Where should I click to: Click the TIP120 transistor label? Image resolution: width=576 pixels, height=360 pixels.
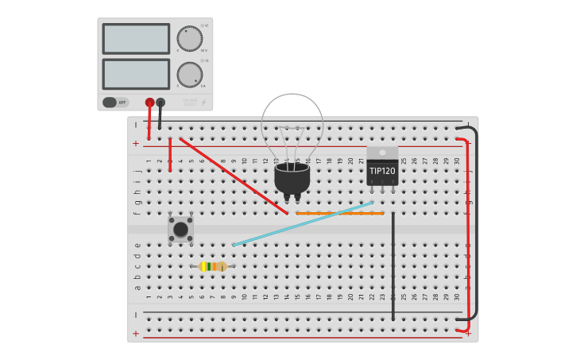[x=382, y=171]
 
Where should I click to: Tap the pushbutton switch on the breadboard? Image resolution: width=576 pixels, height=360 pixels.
[x=180, y=229]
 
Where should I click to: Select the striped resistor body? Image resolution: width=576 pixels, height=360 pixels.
[x=212, y=266]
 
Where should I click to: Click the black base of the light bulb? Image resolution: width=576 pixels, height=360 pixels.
[x=292, y=178]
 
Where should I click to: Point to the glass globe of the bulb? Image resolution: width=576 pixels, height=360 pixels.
[x=292, y=123]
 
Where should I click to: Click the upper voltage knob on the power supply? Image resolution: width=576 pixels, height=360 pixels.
[x=189, y=38]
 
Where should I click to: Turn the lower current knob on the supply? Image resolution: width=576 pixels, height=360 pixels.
[x=189, y=74]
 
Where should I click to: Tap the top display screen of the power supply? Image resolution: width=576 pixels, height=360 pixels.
[x=136, y=38]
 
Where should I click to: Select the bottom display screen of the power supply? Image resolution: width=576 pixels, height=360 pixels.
[x=136, y=74]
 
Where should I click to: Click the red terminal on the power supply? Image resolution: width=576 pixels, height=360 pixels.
[x=149, y=102]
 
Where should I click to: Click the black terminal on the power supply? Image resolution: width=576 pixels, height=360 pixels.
[x=160, y=102]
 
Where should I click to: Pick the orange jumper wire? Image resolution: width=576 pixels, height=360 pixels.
[x=339, y=213]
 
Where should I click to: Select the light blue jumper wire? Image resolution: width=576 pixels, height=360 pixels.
[x=302, y=224]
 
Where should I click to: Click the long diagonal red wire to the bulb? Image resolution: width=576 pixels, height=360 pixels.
[x=234, y=176]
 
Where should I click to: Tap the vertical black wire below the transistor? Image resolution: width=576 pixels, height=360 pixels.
[x=392, y=266]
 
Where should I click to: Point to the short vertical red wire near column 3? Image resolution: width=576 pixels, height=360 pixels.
[x=170, y=155]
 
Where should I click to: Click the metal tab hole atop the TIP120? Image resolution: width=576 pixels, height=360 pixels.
[x=382, y=152]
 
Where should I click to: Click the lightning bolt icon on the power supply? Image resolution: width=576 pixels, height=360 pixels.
[x=203, y=102]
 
